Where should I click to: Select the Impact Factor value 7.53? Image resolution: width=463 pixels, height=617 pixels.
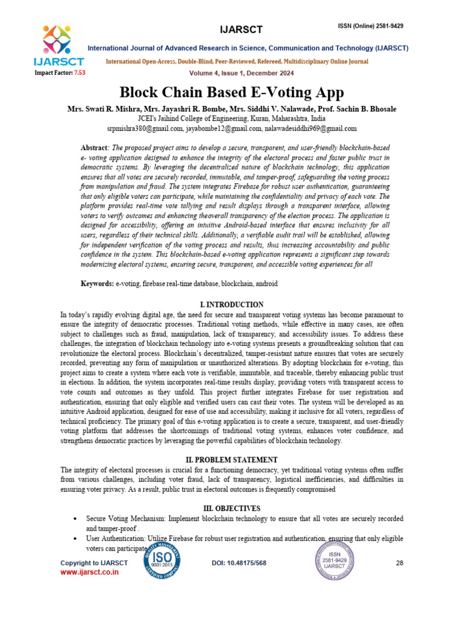(x=80, y=72)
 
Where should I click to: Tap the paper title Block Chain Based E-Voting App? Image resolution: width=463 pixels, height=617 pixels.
(x=231, y=92)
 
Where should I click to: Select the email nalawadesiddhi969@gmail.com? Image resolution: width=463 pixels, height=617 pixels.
(x=314, y=128)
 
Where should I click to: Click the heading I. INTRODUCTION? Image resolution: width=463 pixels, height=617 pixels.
(x=231, y=305)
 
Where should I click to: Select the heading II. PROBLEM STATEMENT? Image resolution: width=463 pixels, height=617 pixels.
(x=231, y=460)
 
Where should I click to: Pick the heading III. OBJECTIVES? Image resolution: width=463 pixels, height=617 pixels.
(x=231, y=509)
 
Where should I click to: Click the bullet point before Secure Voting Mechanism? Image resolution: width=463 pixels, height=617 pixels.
(x=74, y=519)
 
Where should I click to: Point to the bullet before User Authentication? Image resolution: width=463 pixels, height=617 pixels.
(x=74, y=539)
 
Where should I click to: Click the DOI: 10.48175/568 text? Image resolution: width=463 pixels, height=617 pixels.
(x=239, y=563)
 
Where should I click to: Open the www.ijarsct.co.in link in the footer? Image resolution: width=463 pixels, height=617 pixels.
(x=89, y=572)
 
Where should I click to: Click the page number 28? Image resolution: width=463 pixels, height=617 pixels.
(x=399, y=563)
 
